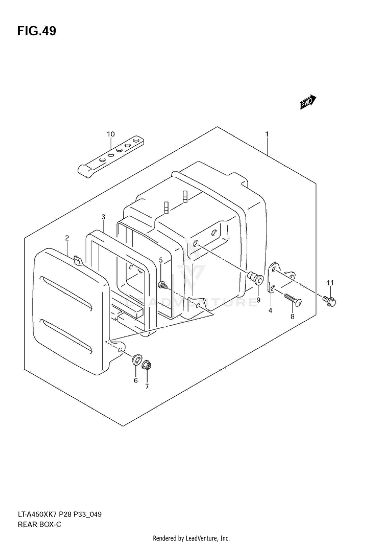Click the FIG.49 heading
coord(36,31)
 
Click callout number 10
coord(111,134)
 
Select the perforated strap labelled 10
coord(111,156)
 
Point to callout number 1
coord(267,134)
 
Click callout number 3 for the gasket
coord(103,217)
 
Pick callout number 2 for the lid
coord(67,238)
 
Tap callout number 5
coord(161,260)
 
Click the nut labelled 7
coord(146,366)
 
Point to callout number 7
coord(147,387)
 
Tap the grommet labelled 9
coord(257,279)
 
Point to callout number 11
coord(330,283)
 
